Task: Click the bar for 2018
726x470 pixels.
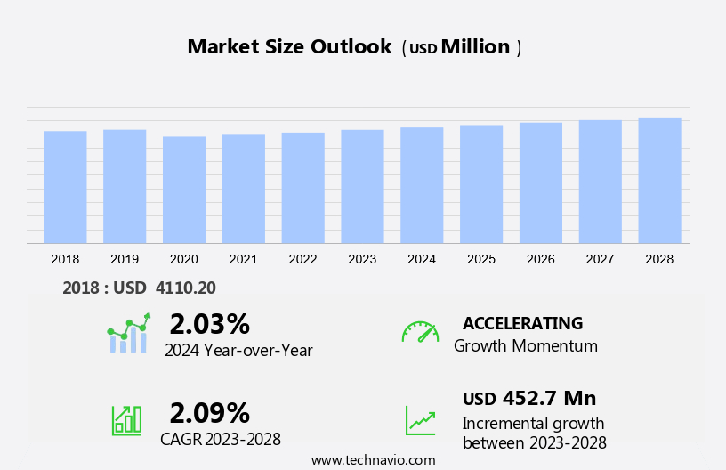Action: (x=65, y=187)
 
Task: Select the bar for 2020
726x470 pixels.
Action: (x=184, y=190)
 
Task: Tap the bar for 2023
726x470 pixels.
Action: (x=362, y=186)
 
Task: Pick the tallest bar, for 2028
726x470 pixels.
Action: (x=659, y=180)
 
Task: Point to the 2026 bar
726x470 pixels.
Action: (x=541, y=182)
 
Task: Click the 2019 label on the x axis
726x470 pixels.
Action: (x=125, y=259)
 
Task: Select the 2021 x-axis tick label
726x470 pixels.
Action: (x=243, y=259)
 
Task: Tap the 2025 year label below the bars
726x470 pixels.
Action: (x=481, y=259)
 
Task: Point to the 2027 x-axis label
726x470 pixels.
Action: (x=600, y=259)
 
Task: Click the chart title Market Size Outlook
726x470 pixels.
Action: (x=289, y=47)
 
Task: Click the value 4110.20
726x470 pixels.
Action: (x=186, y=288)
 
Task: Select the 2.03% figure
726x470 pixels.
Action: (x=209, y=323)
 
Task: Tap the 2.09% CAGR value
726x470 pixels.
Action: (x=209, y=412)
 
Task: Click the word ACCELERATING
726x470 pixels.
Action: (x=522, y=323)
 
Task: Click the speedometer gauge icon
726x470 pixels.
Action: (x=420, y=332)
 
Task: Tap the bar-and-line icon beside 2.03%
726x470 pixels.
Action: (x=128, y=333)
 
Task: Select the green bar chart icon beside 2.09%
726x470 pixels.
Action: (x=126, y=420)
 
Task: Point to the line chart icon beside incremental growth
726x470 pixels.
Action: (x=420, y=420)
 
